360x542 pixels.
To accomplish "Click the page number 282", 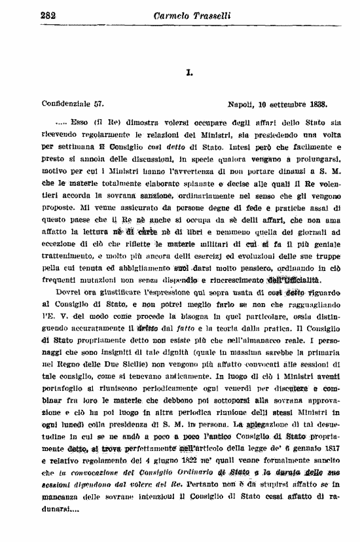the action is (x=47, y=15).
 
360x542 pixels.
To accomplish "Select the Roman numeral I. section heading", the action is (x=188, y=73).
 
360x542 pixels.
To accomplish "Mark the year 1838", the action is (x=317, y=103).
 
